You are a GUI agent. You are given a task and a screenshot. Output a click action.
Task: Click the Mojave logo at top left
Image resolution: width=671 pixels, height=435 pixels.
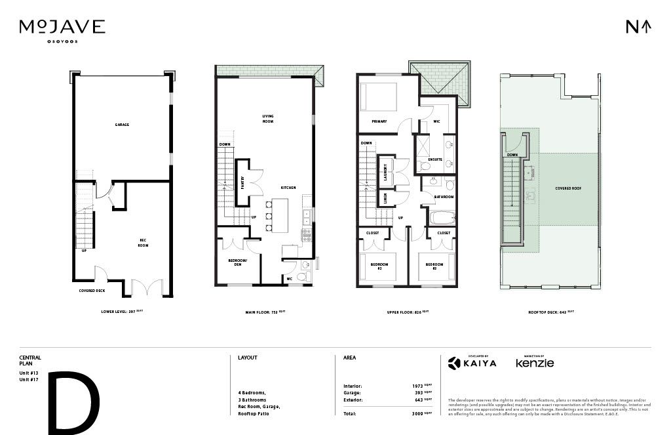62,28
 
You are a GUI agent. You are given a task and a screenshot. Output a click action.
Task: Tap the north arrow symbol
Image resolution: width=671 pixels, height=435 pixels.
638,27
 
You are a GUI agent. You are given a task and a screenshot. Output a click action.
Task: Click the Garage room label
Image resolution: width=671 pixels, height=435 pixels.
121,125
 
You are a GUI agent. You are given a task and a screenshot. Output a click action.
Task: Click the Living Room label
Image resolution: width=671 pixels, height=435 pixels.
268,119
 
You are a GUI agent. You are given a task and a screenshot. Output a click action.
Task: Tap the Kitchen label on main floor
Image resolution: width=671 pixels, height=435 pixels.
288,188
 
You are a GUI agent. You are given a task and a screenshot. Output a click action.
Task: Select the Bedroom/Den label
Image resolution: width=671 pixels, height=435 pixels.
235,262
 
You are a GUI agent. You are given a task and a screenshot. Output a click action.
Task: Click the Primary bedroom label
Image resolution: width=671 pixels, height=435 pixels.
379,121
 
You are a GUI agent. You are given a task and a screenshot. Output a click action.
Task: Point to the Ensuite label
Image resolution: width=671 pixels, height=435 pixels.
435,159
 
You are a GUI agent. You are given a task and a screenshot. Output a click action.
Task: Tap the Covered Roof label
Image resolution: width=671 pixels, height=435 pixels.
568,188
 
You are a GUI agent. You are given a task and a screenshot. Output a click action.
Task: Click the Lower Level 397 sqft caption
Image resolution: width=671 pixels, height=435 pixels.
121,312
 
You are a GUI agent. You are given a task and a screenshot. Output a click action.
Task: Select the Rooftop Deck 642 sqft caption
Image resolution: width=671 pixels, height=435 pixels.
551,312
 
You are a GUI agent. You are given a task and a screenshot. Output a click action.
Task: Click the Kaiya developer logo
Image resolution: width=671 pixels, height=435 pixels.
472,362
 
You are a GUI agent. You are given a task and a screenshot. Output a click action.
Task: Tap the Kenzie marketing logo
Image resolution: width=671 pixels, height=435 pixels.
535,362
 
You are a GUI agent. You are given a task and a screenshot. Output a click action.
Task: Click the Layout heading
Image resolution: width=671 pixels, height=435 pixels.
248,358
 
